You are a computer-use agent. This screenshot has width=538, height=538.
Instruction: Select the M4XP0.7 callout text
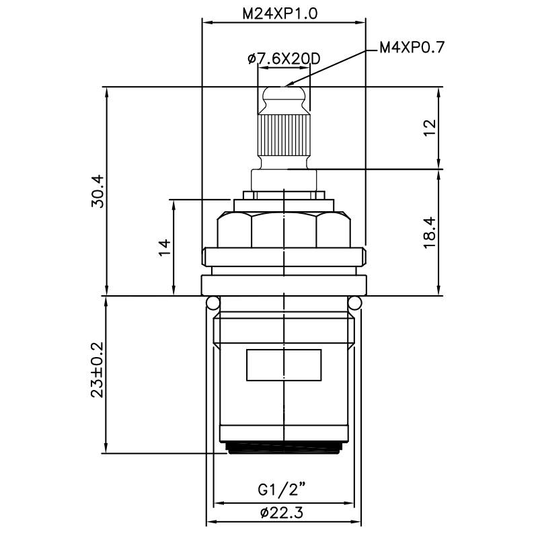412,47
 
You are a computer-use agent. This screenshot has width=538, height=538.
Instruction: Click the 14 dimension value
163,247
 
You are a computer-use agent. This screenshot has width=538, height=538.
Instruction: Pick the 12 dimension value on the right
430,128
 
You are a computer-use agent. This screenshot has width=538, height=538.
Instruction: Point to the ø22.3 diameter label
283,513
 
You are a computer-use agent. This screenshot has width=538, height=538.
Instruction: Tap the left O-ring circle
213,303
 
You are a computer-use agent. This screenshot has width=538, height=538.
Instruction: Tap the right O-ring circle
354,303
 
